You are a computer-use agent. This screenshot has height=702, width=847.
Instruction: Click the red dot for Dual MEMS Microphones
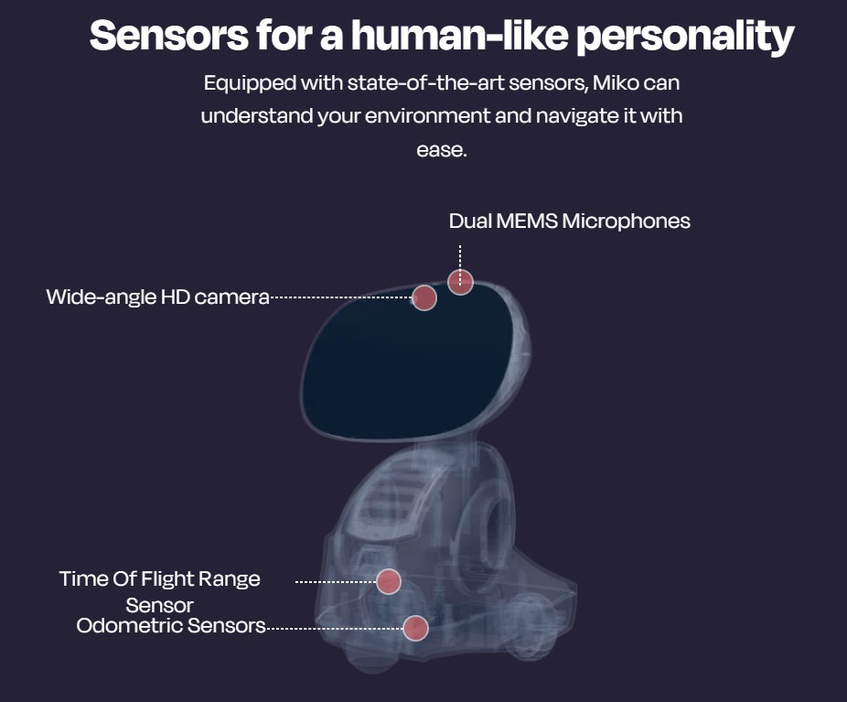click(x=460, y=282)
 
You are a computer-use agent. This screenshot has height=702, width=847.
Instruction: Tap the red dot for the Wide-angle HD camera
click(x=424, y=297)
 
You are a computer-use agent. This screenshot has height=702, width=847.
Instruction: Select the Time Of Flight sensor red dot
click(x=389, y=581)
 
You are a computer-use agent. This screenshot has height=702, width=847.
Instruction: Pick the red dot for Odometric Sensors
click(x=416, y=628)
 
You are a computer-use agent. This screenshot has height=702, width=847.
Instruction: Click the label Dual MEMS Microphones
click(x=569, y=221)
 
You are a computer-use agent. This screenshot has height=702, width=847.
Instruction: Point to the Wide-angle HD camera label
click(x=157, y=297)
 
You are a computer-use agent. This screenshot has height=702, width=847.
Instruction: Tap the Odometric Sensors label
click(x=171, y=626)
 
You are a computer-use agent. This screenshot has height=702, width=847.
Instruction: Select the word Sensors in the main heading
click(x=169, y=36)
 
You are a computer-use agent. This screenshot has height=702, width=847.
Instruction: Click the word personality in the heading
click(x=685, y=38)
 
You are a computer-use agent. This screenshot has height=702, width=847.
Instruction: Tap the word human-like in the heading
click(x=460, y=36)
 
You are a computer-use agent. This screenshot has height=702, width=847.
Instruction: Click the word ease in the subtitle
click(x=441, y=150)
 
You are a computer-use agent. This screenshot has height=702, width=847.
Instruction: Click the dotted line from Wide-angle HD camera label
click(x=341, y=297)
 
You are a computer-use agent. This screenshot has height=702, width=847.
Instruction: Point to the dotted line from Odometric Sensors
click(x=335, y=629)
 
